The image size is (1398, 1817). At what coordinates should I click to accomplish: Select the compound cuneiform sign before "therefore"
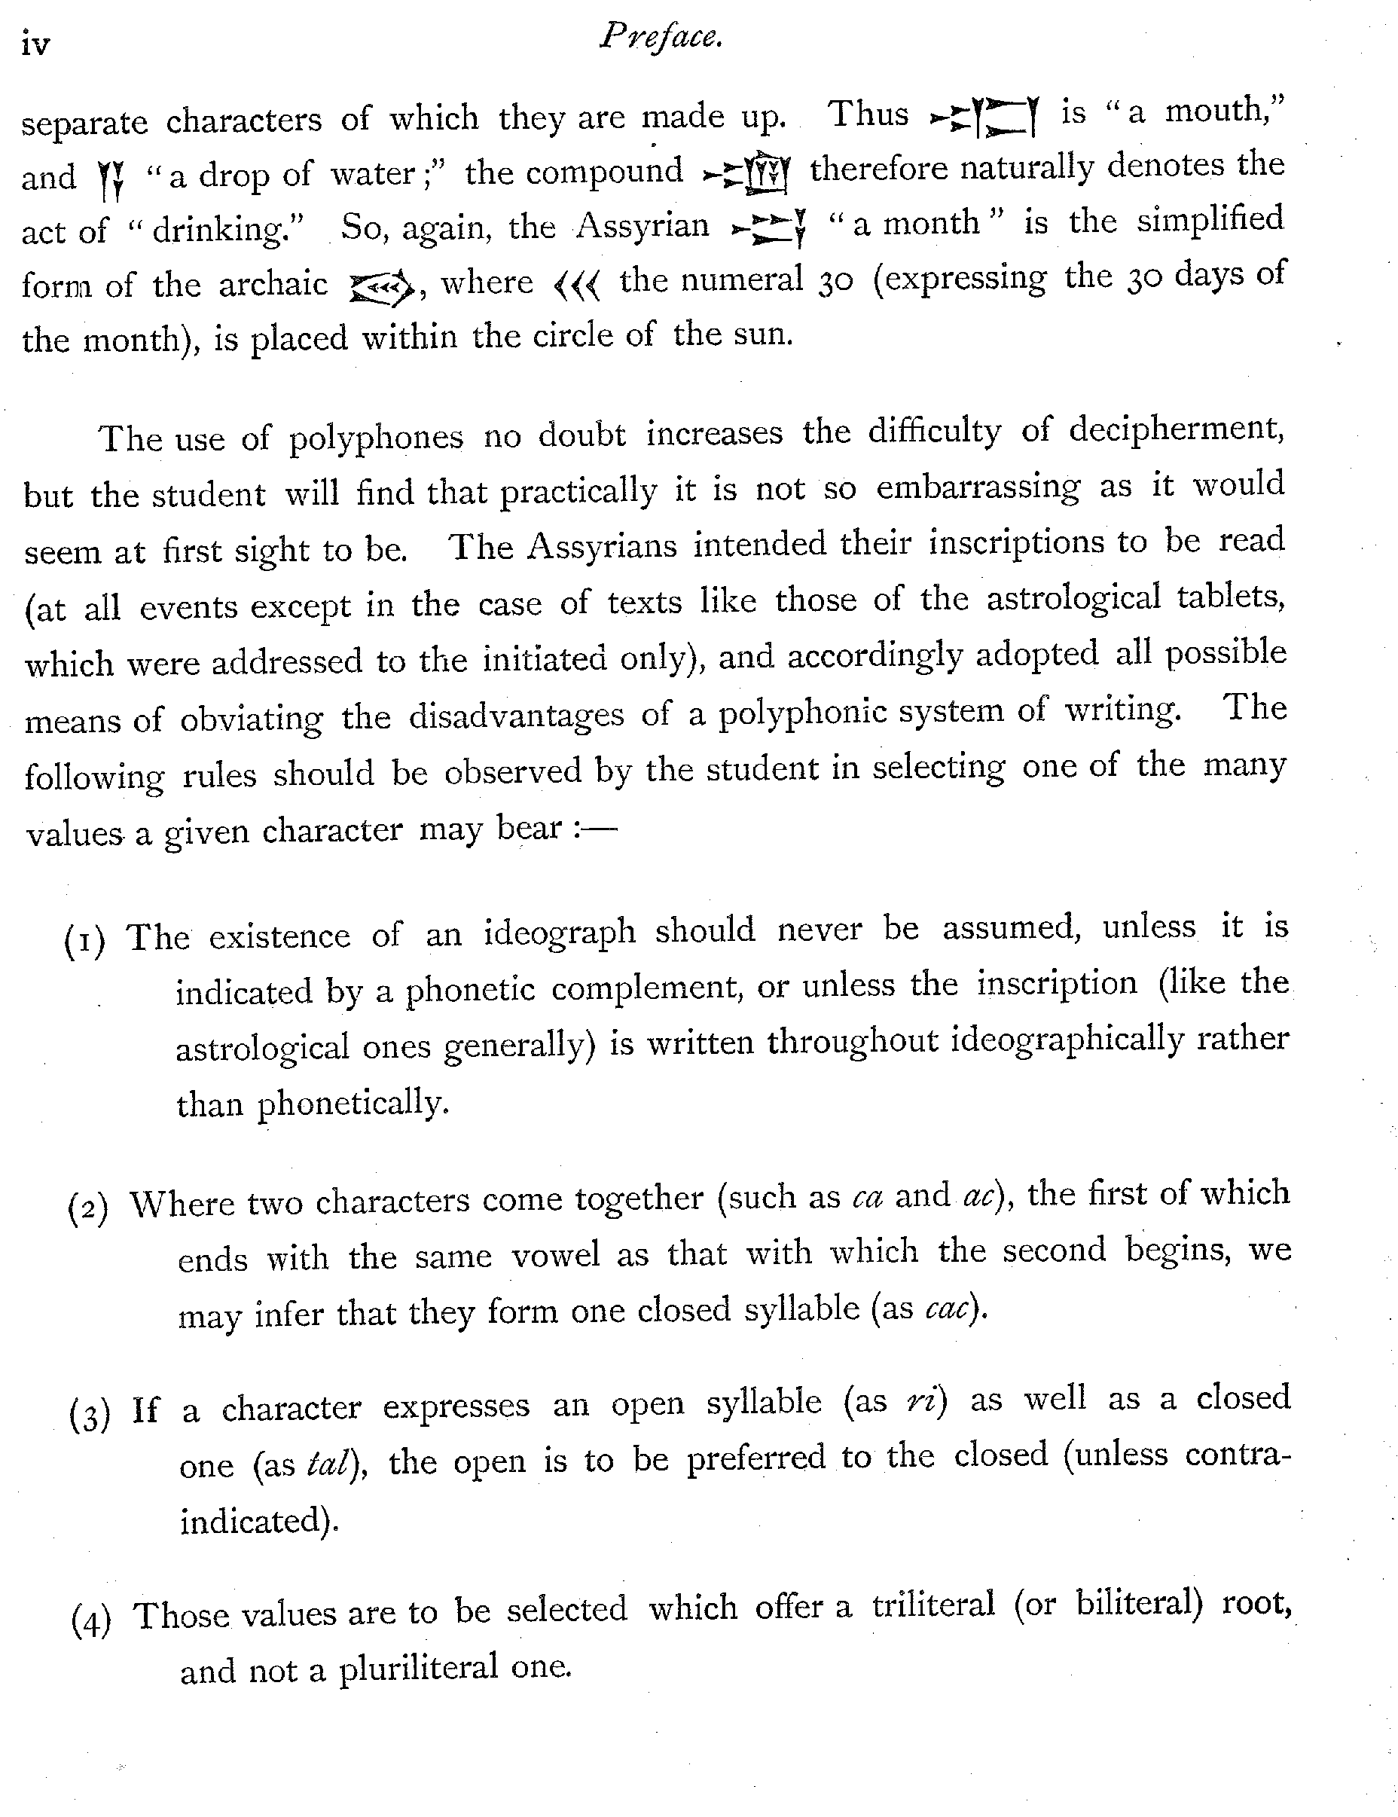[746, 173]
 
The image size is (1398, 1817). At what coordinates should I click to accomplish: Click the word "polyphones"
[376, 438]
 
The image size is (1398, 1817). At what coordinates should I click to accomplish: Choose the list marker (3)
[89, 1414]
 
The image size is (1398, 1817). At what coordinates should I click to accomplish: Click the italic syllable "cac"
[946, 1310]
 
